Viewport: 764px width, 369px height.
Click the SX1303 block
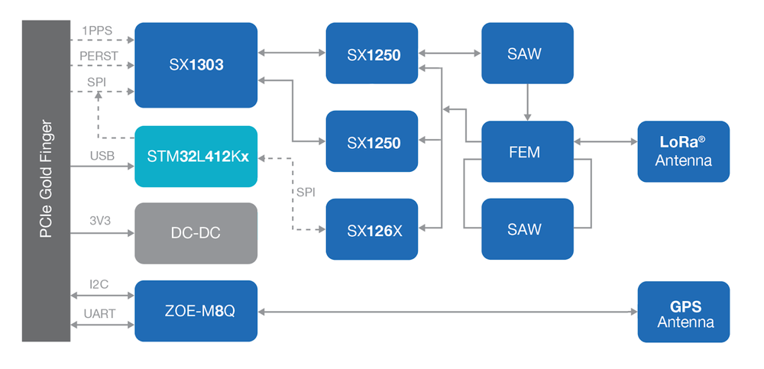click(196, 65)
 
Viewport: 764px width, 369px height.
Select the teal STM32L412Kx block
click(196, 157)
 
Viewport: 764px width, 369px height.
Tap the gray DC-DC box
click(196, 233)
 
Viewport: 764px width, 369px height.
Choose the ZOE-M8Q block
click(196, 311)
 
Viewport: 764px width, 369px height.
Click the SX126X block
click(371, 229)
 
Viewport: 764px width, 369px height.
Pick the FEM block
click(527, 152)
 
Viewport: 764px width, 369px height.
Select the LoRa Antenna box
click(683, 151)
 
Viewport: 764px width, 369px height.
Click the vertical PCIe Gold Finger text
click(46, 180)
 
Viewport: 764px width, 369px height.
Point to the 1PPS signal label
click(96, 31)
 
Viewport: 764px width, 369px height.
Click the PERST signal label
click(98, 57)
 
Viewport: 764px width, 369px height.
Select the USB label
click(102, 157)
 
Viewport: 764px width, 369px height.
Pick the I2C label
click(99, 284)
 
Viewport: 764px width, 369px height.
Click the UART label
click(99, 313)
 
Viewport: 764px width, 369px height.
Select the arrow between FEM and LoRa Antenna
click(605, 141)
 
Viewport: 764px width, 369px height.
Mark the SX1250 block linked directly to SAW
click(371, 53)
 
